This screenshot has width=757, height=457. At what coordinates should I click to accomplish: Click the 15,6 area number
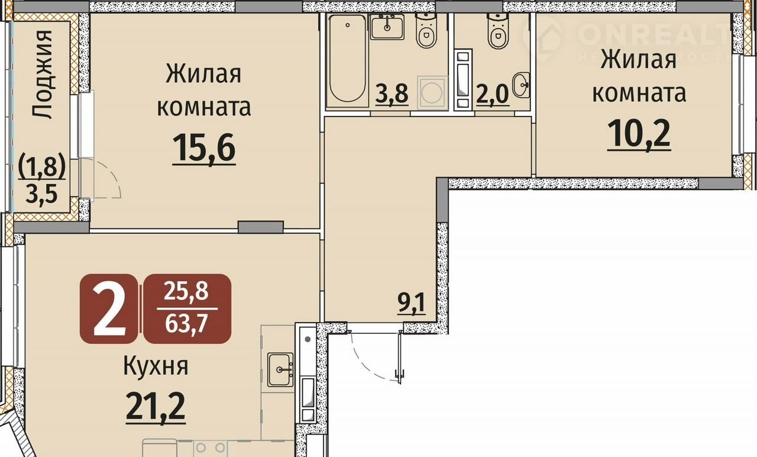204,148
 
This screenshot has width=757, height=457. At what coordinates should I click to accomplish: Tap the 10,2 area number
639,134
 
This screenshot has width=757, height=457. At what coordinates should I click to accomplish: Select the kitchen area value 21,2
156,407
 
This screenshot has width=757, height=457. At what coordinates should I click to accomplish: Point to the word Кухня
156,366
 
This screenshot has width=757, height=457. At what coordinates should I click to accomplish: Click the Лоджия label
43,74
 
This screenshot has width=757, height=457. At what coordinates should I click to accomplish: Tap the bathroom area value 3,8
392,94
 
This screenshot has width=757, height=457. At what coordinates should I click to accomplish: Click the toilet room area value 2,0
493,94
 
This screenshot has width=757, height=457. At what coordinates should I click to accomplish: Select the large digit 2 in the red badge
109,309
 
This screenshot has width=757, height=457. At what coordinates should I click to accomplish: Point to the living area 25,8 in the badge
186,291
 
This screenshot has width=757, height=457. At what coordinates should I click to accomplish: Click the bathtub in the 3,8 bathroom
347,60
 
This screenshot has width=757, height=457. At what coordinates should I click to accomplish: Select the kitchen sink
280,370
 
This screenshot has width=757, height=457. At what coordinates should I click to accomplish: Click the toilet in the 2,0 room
498,30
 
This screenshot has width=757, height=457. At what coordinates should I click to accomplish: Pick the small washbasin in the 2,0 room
521,85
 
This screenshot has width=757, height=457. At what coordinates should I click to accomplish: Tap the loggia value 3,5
41,195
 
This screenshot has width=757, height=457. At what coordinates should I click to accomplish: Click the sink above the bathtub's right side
387,27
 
